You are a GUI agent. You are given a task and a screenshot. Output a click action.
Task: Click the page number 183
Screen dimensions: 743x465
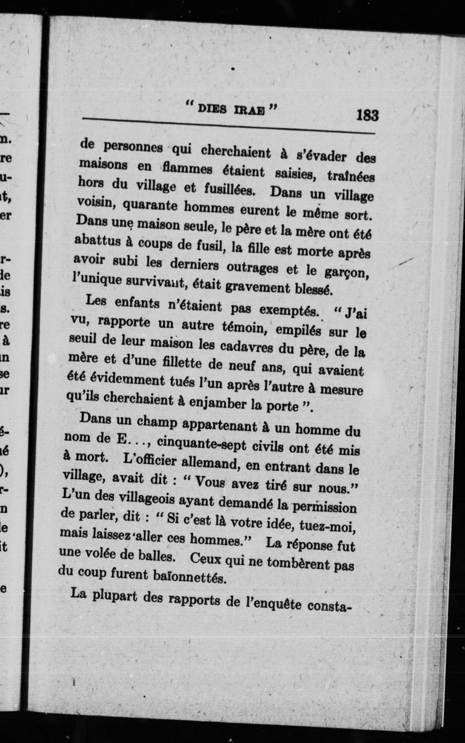[367, 116]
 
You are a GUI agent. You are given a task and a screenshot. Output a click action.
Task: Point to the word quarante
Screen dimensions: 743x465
[150, 205]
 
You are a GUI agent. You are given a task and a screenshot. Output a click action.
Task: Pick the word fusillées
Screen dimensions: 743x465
[230, 190]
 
